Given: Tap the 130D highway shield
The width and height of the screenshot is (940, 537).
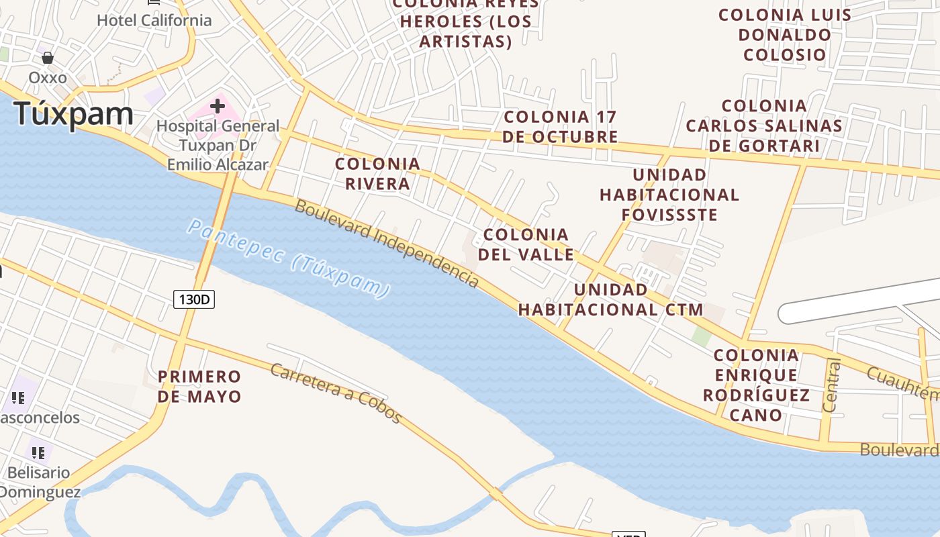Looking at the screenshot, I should [194, 299].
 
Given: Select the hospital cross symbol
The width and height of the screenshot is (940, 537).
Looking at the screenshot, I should [217, 105].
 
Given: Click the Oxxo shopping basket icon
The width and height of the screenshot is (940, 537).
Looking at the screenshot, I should [48, 58].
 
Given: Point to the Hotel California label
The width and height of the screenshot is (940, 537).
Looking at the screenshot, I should [154, 20].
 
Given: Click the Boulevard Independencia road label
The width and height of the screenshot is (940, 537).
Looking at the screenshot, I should [387, 244].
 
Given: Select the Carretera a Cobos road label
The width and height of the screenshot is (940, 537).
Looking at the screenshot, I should [336, 393].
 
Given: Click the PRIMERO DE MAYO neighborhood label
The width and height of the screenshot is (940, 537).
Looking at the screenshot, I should [199, 386].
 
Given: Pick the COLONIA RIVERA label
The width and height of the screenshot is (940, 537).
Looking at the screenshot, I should [377, 174].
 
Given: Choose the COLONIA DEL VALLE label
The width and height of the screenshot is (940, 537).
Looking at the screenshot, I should [526, 244].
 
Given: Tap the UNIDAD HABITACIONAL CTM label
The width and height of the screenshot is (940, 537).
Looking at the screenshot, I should [610, 299].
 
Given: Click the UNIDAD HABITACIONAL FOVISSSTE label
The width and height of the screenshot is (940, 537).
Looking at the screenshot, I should [669, 195].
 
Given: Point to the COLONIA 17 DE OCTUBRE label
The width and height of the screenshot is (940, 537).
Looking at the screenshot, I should [560, 126].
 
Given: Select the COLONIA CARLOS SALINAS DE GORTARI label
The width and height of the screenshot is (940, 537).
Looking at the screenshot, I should [764, 126].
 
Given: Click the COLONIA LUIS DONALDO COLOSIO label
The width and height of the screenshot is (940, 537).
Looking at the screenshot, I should [785, 34].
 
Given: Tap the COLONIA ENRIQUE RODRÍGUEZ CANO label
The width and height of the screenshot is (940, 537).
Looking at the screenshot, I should [757, 385].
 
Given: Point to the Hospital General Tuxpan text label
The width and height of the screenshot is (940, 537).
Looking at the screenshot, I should [218, 145].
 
